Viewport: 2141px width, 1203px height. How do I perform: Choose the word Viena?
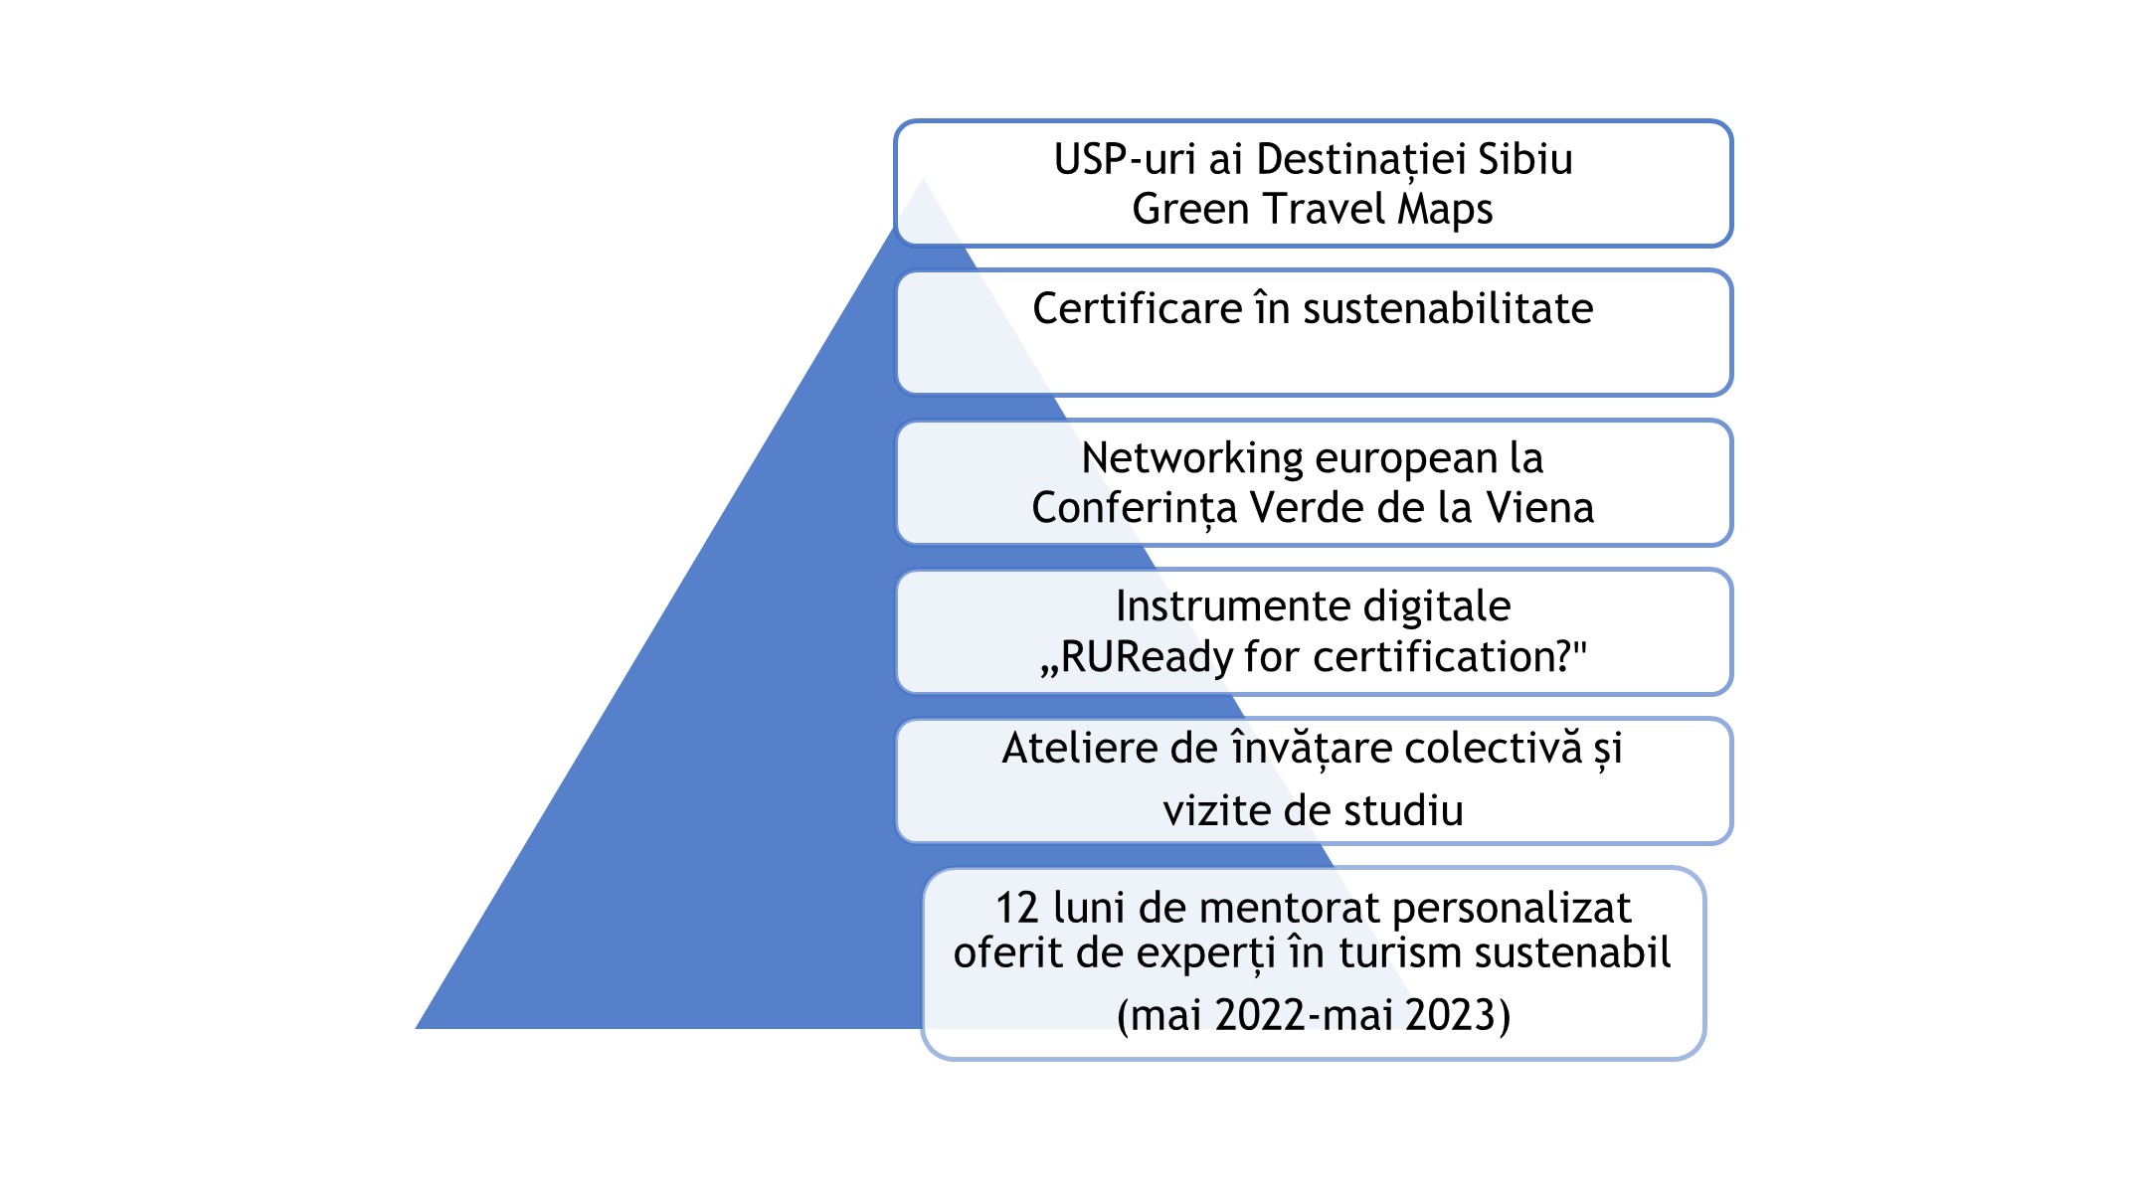click(x=1540, y=508)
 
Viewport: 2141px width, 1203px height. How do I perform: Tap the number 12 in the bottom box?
click(x=1017, y=909)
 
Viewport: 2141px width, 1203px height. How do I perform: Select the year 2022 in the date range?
click(x=1259, y=1016)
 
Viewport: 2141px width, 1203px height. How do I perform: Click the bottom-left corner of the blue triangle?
click(x=416, y=1028)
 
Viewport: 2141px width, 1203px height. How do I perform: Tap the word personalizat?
click(x=1512, y=909)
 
